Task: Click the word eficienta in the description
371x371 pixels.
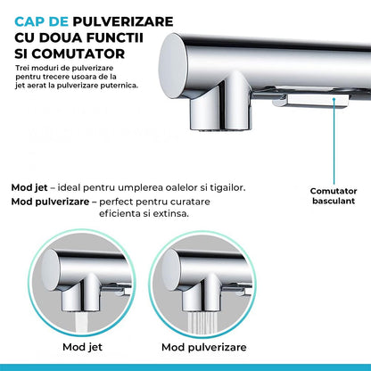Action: pyautogui.click(x=128, y=216)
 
